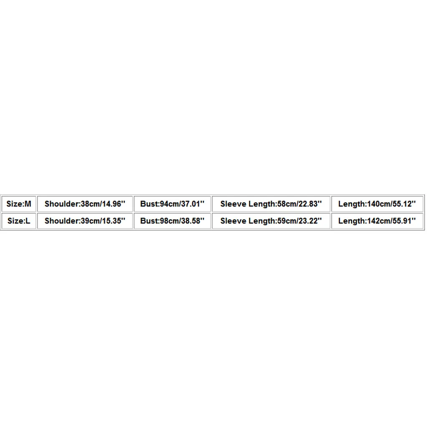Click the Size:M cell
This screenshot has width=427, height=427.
19,204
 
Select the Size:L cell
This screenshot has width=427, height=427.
19,221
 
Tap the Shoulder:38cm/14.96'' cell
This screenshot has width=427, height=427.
85,204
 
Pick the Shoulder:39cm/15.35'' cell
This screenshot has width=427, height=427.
85,221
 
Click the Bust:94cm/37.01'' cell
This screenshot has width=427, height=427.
172,204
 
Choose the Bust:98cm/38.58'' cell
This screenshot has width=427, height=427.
172,221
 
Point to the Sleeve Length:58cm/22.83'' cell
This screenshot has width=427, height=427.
271,204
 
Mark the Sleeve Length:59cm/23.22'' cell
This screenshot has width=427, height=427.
271,221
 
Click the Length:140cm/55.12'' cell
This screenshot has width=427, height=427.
377,204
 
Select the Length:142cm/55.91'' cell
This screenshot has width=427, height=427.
377,221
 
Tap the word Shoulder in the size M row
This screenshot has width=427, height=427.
62,204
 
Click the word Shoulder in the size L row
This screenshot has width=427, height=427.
62,221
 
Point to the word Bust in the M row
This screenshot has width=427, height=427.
149,204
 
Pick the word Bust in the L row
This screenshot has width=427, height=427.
149,221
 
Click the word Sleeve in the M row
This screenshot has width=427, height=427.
234,204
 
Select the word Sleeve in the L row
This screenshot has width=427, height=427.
234,221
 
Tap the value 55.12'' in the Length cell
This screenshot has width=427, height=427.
405,204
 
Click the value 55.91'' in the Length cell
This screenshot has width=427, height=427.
405,221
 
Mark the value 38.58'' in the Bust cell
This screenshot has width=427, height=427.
193,221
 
